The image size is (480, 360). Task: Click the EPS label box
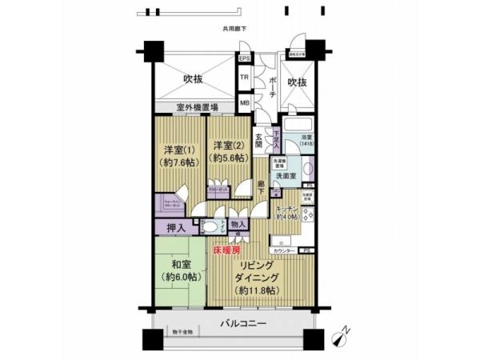click(x=245, y=58)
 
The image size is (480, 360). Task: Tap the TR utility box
click(x=245, y=78)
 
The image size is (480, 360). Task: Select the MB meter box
click(x=245, y=102)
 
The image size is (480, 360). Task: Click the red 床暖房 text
click(x=226, y=251)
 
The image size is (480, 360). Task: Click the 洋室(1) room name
click(x=179, y=149)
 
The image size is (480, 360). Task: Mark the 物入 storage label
click(x=238, y=226)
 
